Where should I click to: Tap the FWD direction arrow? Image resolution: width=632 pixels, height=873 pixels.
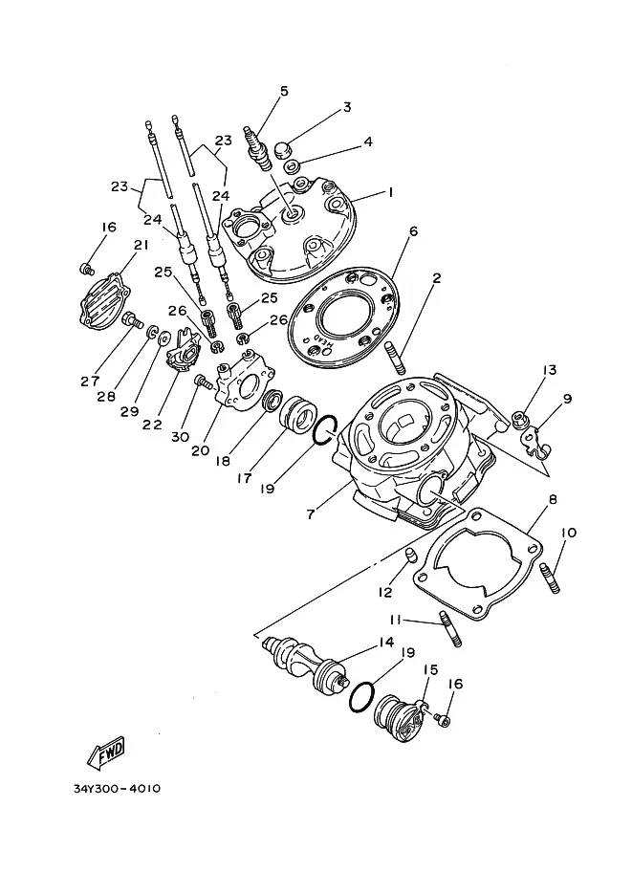pyautogui.click(x=107, y=753)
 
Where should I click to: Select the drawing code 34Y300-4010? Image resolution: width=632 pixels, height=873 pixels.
pyautogui.click(x=117, y=788)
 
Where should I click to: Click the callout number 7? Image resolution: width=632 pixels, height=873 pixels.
pyautogui.click(x=311, y=513)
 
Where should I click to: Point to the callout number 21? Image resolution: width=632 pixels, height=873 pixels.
pyautogui.click(x=141, y=245)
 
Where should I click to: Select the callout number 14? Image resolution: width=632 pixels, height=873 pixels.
pyautogui.click(x=386, y=643)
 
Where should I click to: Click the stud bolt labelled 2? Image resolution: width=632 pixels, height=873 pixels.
pyautogui.click(x=394, y=358)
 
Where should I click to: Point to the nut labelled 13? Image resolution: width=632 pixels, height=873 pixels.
pyautogui.click(x=519, y=418)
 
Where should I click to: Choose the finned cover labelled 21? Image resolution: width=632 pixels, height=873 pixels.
pyautogui.click(x=103, y=301)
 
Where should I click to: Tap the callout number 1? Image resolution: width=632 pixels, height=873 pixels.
pyautogui.click(x=391, y=192)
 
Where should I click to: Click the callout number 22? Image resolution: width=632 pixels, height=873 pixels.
pyautogui.click(x=151, y=425)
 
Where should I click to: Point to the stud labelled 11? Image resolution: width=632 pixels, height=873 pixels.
pyautogui.click(x=451, y=629)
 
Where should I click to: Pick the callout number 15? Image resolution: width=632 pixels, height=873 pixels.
pyautogui.click(x=430, y=669)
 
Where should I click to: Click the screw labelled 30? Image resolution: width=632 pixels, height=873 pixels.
pyautogui.click(x=204, y=382)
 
